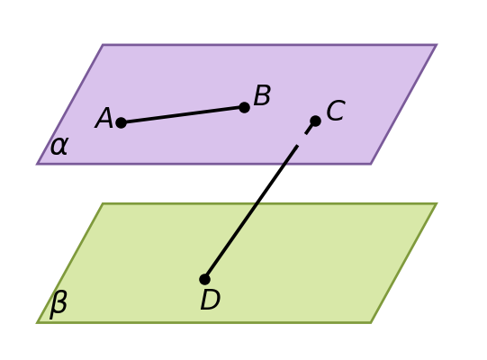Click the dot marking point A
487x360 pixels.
click(x=122, y=122)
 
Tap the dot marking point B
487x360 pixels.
click(x=245, y=107)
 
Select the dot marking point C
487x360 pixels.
click(x=315, y=121)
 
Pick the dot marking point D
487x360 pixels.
click(x=204, y=279)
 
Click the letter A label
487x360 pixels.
click(x=104, y=118)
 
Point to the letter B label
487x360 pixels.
click(x=262, y=95)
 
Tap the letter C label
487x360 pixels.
click(x=336, y=111)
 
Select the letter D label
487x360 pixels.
click(x=211, y=300)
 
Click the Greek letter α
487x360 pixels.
click(x=59, y=146)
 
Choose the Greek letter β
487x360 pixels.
click(x=59, y=304)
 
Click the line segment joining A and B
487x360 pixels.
click(x=183, y=115)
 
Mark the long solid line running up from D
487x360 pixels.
click(x=251, y=212)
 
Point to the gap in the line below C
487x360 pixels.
click(x=302, y=139)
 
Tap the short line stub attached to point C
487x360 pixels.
click(x=310, y=129)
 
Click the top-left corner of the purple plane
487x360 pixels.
click(x=103, y=45)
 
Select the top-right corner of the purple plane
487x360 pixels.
click(x=437, y=45)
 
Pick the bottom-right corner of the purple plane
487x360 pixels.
click(x=371, y=164)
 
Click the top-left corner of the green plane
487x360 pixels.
click(x=103, y=203)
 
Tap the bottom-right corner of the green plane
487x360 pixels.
click(x=371, y=323)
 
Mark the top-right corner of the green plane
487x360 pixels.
click(x=437, y=203)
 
